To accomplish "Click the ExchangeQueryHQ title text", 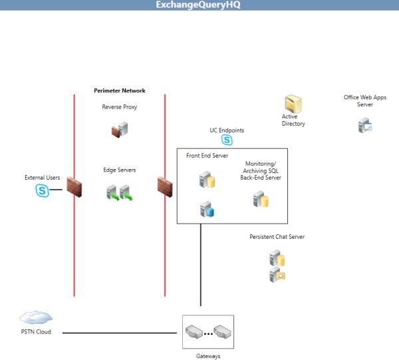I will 198,5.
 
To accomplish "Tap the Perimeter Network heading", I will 120,90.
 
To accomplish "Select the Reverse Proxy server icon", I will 119,130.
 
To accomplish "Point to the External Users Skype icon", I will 43,191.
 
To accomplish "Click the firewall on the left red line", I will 73,190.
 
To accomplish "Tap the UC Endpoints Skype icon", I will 227,140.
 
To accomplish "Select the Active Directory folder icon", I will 293,104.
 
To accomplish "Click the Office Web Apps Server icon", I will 365,124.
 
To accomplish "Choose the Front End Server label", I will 207,156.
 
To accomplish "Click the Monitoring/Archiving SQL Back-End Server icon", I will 260,199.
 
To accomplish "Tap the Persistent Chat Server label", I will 277,237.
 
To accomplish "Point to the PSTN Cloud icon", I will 36,317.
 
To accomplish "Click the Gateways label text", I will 208,356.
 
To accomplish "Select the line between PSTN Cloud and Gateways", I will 122,332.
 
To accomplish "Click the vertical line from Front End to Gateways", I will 200,266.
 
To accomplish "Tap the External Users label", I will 43,178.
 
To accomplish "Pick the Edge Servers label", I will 120,170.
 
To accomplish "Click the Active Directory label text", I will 293,120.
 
